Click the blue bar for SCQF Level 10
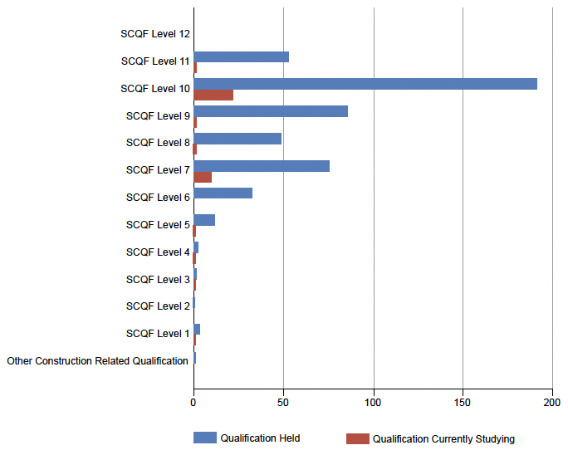point(365,84)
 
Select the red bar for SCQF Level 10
point(213,95)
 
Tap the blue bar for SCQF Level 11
point(242,56)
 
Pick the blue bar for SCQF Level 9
point(271,111)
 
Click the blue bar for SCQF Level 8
point(237,139)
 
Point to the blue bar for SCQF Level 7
point(262,166)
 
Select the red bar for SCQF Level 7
point(203,177)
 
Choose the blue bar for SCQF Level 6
point(223,193)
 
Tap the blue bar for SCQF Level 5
point(204,220)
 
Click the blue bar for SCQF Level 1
point(197,330)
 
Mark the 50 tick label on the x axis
point(283,403)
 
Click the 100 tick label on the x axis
point(373,403)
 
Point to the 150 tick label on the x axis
point(463,403)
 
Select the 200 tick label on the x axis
point(551,403)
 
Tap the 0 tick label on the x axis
point(193,403)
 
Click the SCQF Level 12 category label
point(155,34)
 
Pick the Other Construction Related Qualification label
point(97,361)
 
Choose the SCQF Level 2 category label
point(158,306)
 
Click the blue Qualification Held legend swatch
point(205,438)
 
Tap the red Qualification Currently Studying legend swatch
point(358,438)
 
